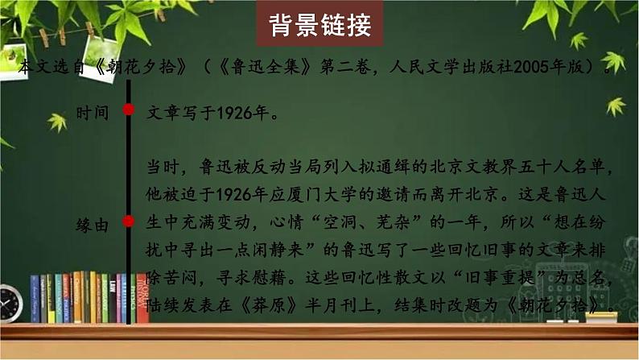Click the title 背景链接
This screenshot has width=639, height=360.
319,26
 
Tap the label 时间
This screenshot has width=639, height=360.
91,113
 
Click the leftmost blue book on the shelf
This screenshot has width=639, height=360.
35,300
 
